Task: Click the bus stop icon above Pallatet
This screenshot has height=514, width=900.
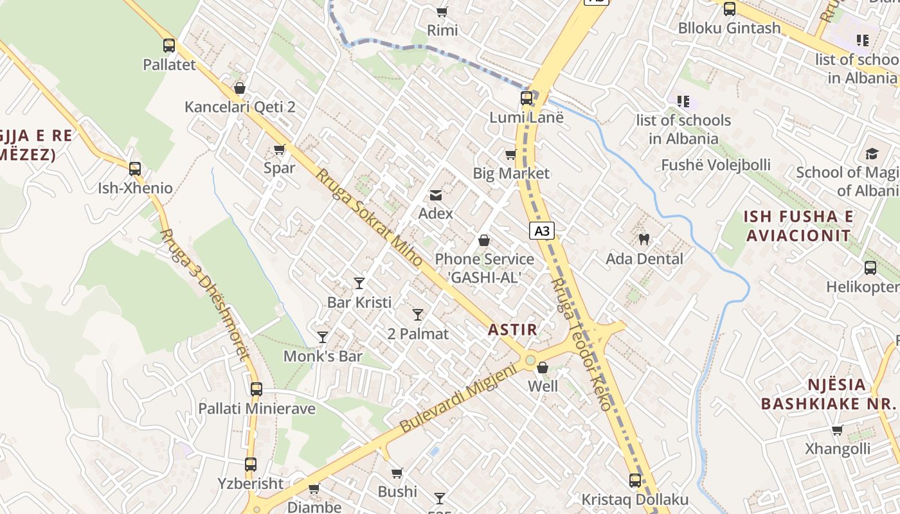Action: (169, 46)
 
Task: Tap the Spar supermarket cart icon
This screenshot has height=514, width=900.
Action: (280, 150)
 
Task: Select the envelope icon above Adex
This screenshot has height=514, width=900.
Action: (436, 195)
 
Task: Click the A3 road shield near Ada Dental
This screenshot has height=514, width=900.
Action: (542, 231)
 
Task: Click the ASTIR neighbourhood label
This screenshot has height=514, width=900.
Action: (512, 330)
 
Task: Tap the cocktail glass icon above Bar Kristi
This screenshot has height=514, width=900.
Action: (359, 283)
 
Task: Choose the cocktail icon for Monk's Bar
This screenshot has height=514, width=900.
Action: (323, 337)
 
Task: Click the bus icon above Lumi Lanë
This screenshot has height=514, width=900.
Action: (526, 98)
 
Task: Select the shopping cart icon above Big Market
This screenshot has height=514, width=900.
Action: (511, 154)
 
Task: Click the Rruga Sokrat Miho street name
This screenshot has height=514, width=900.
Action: (369, 218)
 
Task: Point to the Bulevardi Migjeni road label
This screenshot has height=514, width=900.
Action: (458, 398)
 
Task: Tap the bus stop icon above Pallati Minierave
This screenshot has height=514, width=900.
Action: (256, 389)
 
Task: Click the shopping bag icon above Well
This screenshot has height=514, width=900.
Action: (543, 368)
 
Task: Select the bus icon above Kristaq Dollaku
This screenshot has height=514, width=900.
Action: (635, 480)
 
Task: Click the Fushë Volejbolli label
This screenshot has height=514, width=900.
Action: (715, 165)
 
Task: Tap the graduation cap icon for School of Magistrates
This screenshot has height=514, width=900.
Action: (872, 154)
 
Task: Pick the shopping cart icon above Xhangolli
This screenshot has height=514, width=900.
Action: (837, 430)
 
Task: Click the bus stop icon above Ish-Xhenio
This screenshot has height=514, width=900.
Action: (135, 169)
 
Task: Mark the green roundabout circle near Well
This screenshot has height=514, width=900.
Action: (530, 360)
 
